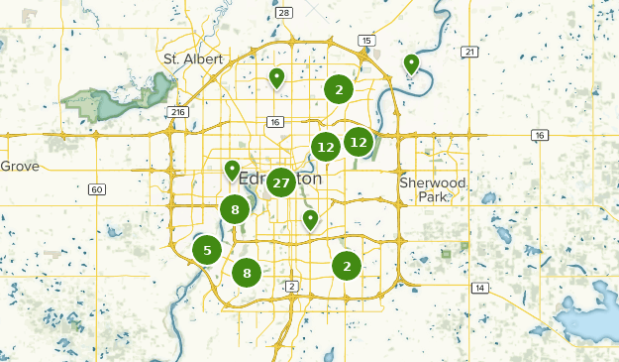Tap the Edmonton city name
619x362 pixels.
point(281,180)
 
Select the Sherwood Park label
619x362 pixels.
point(432,189)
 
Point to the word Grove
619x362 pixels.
point(20,167)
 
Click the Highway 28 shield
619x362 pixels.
point(285,12)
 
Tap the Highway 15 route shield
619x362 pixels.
point(367,40)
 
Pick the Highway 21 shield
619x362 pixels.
point(469,52)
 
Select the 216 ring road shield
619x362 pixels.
point(178,112)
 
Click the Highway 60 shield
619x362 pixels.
point(95,189)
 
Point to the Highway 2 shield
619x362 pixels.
point(291,287)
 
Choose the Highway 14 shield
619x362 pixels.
point(480,288)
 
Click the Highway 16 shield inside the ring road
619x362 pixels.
point(273,122)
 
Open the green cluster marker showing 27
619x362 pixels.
point(280,182)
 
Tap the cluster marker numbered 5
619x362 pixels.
point(206,250)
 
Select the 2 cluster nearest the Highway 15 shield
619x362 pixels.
point(339,89)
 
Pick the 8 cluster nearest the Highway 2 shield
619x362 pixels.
point(247,272)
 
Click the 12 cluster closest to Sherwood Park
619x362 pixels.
point(359,142)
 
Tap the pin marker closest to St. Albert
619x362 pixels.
point(277,77)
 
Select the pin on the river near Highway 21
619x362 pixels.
point(411,64)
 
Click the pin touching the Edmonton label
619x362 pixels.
point(232,171)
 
